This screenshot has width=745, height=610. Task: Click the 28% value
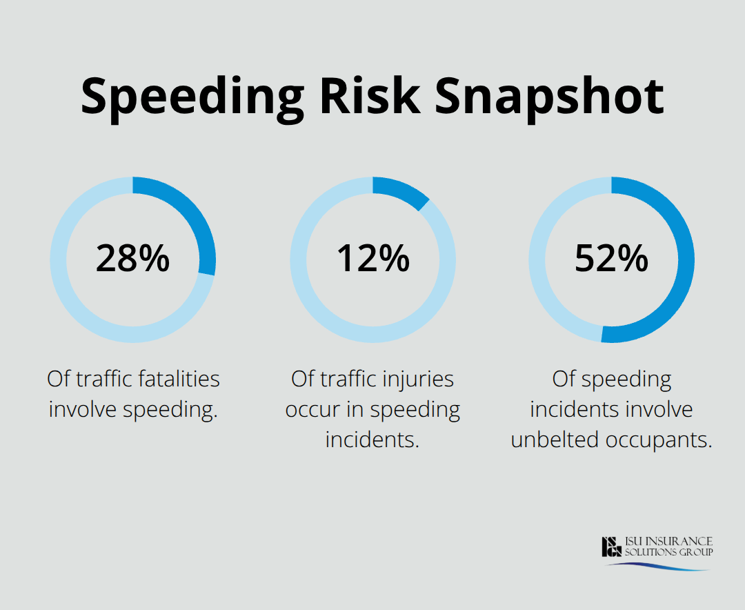tap(132, 259)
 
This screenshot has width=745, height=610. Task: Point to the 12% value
tap(372, 259)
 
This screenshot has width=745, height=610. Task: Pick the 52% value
tap(611, 259)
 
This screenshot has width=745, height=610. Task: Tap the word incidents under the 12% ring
tap(372, 440)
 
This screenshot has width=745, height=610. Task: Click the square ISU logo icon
tap(611, 547)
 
